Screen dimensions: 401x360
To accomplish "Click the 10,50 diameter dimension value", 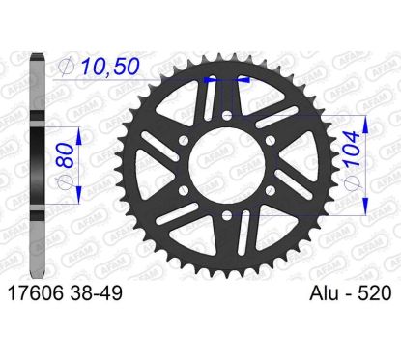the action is pyautogui.click(x=110, y=68).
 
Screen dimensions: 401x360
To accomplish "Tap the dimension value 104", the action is pyautogui.click(x=351, y=149).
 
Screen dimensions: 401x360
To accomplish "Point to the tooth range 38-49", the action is pyautogui.click(x=95, y=293).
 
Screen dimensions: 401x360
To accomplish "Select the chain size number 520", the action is pyautogui.click(x=377, y=293).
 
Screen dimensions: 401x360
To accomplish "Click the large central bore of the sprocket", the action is pyautogui.click(x=227, y=165).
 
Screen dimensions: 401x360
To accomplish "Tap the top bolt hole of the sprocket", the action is pyautogui.click(x=227, y=115).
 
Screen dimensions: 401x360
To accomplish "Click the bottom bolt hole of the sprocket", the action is pyautogui.click(x=227, y=215).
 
